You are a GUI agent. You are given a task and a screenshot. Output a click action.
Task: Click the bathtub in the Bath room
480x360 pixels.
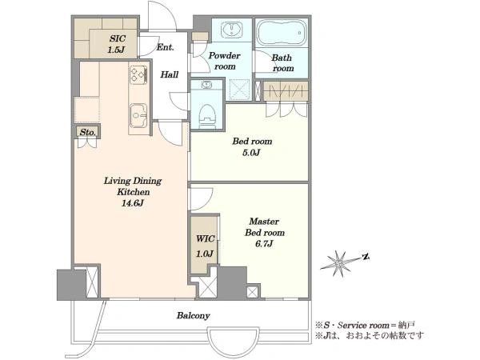pyautogui.click(x=282, y=33)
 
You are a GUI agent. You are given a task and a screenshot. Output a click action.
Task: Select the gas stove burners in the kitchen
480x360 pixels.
pyautogui.click(x=138, y=74)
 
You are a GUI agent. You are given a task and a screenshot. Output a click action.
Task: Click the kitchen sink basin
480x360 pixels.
pyautogui.click(x=138, y=115)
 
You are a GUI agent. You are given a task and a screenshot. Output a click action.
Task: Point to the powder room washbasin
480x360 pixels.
pyautogui.click(x=232, y=30)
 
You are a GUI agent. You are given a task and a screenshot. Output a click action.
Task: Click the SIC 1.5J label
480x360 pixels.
pyautogui.click(x=117, y=44)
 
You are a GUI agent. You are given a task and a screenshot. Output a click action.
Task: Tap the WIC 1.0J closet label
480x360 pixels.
pyautogui.click(x=205, y=246)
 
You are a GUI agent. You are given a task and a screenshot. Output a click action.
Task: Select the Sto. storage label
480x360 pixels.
pyautogui.click(x=87, y=132)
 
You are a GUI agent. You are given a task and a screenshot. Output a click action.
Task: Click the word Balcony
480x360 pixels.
pyautogui.click(x=193, y=316)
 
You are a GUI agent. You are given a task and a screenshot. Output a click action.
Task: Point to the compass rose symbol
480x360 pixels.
pyautogui.click(x=339, y=263)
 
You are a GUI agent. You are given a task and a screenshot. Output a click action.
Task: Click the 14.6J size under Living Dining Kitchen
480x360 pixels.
pyautogui.click(x=133, y=203)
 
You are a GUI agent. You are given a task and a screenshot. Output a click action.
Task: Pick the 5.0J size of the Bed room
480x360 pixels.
pyautogui.click(x=251, y=153)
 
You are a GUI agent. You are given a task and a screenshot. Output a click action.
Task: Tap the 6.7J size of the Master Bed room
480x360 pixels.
pyautogui.click(x=264, y=244)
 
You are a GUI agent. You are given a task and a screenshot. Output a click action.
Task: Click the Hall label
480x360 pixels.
pyautogui.click(x=170, y=74)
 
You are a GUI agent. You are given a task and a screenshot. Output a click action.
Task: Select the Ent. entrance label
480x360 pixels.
pyautogui.click(x=166, y=47)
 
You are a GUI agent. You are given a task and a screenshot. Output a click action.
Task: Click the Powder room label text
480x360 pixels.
pyautogui.click(x=225, y=61)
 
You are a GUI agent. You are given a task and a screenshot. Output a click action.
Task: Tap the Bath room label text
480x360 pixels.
pyautogui.click(x=282, y=62)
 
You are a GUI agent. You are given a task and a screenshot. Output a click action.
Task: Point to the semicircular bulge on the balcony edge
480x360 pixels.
pyautogui.click(x=234, y=336)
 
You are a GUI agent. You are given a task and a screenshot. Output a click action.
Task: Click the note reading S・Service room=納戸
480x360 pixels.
pyautogui.click(x=366, y=325)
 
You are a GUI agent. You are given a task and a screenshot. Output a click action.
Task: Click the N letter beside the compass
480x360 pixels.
pyautogui.click(x=365, y=257)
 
